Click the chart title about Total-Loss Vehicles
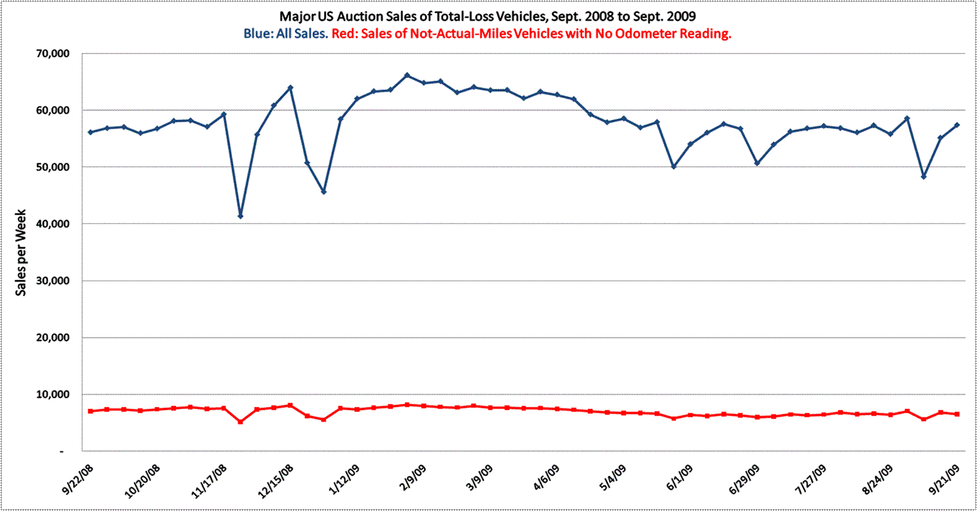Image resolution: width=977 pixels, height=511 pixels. (x=487, y=16)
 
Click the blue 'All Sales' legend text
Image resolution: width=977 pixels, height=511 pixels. (x=286, y=33)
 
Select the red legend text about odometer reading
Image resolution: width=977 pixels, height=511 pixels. (x=531, y=33)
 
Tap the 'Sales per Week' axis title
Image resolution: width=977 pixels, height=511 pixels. (x=21, y=253)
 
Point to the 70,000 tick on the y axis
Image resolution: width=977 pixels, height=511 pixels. (x=52, y=54)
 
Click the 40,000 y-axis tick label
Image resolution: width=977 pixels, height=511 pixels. (x=52, y=224)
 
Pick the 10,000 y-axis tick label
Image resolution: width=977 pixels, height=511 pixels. (x=52, y=395)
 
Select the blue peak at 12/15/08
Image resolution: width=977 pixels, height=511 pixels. (x=291, y=88)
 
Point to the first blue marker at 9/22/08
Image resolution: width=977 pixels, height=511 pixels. (x=91, y=132)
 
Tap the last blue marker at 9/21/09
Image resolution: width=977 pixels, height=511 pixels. (x=957, y=125)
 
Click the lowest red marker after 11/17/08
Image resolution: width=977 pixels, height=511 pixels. (x=241, y=421)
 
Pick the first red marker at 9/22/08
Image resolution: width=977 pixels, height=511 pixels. (x=91, y=411)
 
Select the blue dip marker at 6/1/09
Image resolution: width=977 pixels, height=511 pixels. (x=674, y=166)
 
